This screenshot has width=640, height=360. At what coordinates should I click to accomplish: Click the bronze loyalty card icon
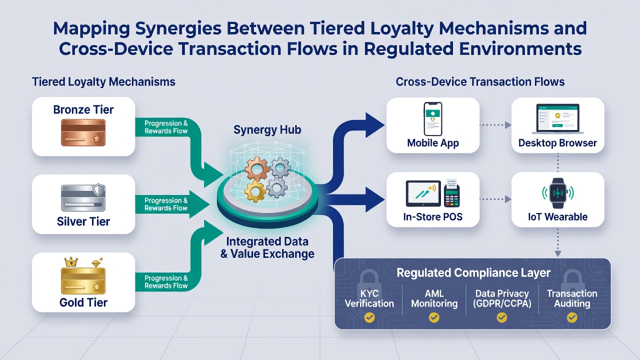click(83, 133)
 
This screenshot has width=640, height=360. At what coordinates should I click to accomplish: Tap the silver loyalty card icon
click(83, 198)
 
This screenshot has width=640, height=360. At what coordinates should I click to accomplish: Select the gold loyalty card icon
click(83, 281)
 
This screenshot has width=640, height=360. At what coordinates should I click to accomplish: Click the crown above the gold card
click(71, 261)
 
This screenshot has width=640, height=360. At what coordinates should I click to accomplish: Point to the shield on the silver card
click(98, 189)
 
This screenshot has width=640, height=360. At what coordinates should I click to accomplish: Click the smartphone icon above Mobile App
click(433, 119)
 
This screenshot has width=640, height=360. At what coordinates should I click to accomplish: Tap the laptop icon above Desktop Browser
click(557, 119)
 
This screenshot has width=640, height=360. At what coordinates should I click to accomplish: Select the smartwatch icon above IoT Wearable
click(557, 193)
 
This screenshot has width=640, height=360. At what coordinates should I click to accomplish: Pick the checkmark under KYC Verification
click(369, 317)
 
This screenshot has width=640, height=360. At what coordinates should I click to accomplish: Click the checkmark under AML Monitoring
click(434, 317)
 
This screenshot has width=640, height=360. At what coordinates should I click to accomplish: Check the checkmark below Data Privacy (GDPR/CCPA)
click(501, 317)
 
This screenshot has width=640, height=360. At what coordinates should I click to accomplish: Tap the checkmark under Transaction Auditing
click(572, 317)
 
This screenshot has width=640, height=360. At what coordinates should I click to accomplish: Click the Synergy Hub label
click(267, 130)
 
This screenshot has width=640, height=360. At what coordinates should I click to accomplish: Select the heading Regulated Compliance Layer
click(473, 272)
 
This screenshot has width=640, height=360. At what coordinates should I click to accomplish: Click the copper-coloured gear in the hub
click(257, 168)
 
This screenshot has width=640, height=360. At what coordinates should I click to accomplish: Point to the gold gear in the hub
click(255, 191)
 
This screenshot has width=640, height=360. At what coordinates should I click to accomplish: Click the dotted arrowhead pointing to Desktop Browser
click(507, 125)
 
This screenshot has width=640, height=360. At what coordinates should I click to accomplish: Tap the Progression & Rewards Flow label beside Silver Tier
click(166, 204)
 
